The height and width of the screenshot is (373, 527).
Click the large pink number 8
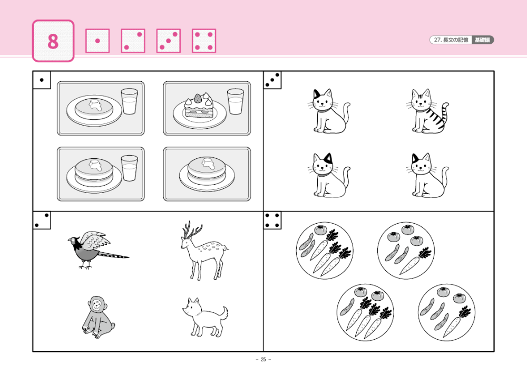click(53, 41)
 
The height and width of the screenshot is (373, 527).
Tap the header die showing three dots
click(169, 41)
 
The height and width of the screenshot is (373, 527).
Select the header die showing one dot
click(97, 41)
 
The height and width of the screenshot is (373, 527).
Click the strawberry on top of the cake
click(198, 98)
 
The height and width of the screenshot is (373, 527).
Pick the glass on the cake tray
click(235, 101)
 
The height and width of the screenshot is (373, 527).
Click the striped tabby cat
click(427, 111)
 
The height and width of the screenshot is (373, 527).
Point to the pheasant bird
click(98, 249)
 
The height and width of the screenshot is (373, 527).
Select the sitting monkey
click(98, 317)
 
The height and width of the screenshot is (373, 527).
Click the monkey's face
click(97, 305)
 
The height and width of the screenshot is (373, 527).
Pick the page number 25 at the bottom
click(263, 359)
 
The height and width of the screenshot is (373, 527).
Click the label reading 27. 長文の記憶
click(451, 40)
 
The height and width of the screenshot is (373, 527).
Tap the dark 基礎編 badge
click(482, 40)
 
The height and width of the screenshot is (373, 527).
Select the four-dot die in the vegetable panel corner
click(272, 221)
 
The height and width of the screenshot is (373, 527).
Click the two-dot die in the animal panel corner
click(42, 221)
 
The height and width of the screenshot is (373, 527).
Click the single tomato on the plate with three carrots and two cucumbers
click(320, 230)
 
